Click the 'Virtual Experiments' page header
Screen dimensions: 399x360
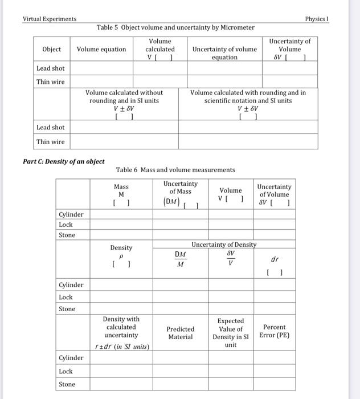[x=50, y=19]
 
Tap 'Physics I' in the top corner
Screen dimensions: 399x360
[x=317, y=19]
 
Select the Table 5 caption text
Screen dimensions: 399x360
[x=175, y=27]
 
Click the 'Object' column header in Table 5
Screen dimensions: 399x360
[x=52, y=50]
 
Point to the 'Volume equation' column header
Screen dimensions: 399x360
[x=101, y=50]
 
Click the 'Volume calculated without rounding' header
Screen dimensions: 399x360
[x=124, y=100]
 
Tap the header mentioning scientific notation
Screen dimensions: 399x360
[x=248, y=100]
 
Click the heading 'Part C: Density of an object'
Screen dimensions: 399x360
[x=64, y=161]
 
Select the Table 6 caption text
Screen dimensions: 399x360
[x=175, y=170]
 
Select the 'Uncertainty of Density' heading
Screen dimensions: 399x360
[x=224, y=245]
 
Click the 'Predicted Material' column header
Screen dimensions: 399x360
[x=181, y=333]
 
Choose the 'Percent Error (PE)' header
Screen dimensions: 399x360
[x=274, y=331]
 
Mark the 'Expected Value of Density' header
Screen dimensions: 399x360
[x=231, y=333]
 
